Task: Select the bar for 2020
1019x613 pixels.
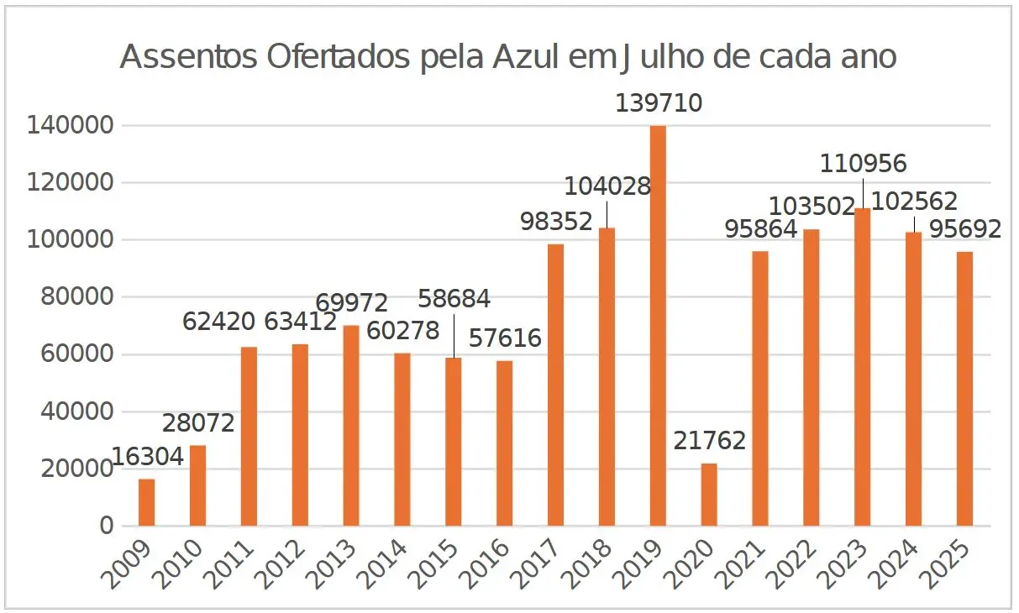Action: (709, 495)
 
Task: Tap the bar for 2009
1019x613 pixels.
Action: (146, 502)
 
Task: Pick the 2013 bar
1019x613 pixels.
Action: (351, 426)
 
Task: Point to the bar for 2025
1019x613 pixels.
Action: (964, 389)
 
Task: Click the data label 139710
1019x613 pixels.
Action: (659, 103)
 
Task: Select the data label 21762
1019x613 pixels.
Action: (710, 441)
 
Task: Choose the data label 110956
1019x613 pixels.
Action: (864, 162)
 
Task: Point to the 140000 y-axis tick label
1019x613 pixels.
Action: (70, 126)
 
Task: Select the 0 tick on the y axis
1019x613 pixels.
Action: (106, 527)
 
